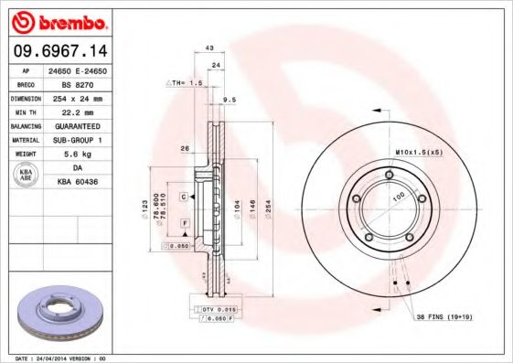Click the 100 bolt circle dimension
[x=398, y=197]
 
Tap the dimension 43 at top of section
[x=208, y=48]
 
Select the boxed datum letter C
[x=184, y=197]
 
